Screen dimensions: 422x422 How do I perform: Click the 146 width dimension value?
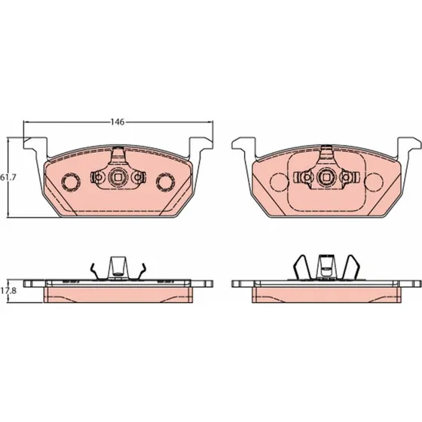click(x=118, y=122)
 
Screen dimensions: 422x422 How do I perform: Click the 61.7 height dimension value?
click(x=8, y=177)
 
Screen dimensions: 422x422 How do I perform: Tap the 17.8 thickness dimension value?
click(x=8, y=291)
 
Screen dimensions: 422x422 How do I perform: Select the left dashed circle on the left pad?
click(x=71, y=182)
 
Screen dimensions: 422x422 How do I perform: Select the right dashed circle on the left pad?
click(x=166, y=182)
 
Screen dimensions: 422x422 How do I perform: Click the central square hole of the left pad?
click(x=118, y=177)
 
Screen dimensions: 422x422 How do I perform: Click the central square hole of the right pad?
click(x=327, y=177)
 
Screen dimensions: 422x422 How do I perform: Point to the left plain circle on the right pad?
click(x=279, y=182)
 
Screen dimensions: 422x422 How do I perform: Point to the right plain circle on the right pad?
click(x=374, y=182)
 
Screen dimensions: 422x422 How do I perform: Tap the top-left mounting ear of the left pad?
click(x=35, y=145)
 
